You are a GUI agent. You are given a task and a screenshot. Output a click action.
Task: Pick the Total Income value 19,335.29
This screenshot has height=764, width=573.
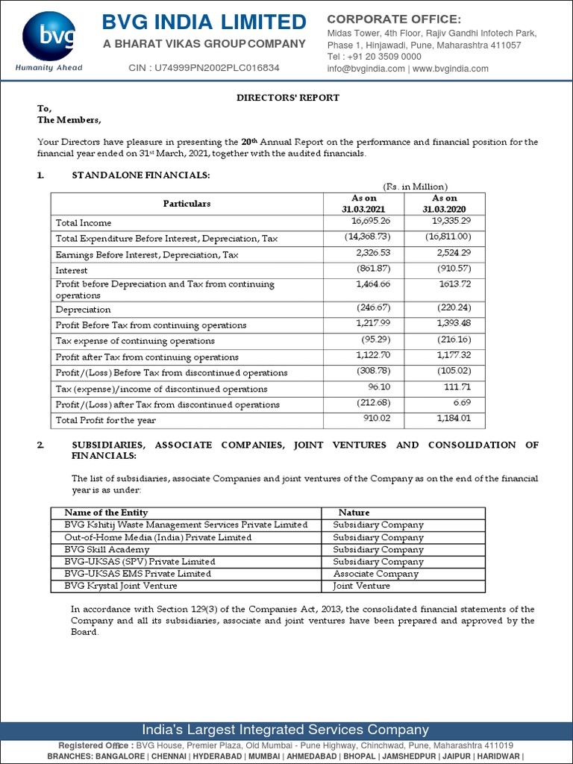click(447, 222)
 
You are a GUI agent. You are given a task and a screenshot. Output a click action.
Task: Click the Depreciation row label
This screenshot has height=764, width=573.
click(83, 310)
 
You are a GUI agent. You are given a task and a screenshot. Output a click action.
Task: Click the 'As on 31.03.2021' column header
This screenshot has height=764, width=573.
click(364, 204)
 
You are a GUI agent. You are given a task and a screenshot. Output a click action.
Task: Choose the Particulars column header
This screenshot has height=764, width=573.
click(187, 204)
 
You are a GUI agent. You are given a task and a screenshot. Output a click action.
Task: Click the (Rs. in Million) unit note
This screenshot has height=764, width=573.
click(415, 187)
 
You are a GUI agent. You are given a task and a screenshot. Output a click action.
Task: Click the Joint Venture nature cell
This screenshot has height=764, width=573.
click(361, 586)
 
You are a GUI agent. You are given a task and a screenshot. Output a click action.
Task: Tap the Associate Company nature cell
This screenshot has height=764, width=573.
click(375, 574)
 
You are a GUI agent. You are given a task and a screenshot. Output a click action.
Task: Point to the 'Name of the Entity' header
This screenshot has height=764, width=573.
click(106, 513)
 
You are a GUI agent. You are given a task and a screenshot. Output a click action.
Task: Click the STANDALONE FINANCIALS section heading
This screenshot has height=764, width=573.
click(140, 175)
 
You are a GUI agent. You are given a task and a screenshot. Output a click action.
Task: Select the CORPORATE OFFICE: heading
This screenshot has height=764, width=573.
click(394, 19)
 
